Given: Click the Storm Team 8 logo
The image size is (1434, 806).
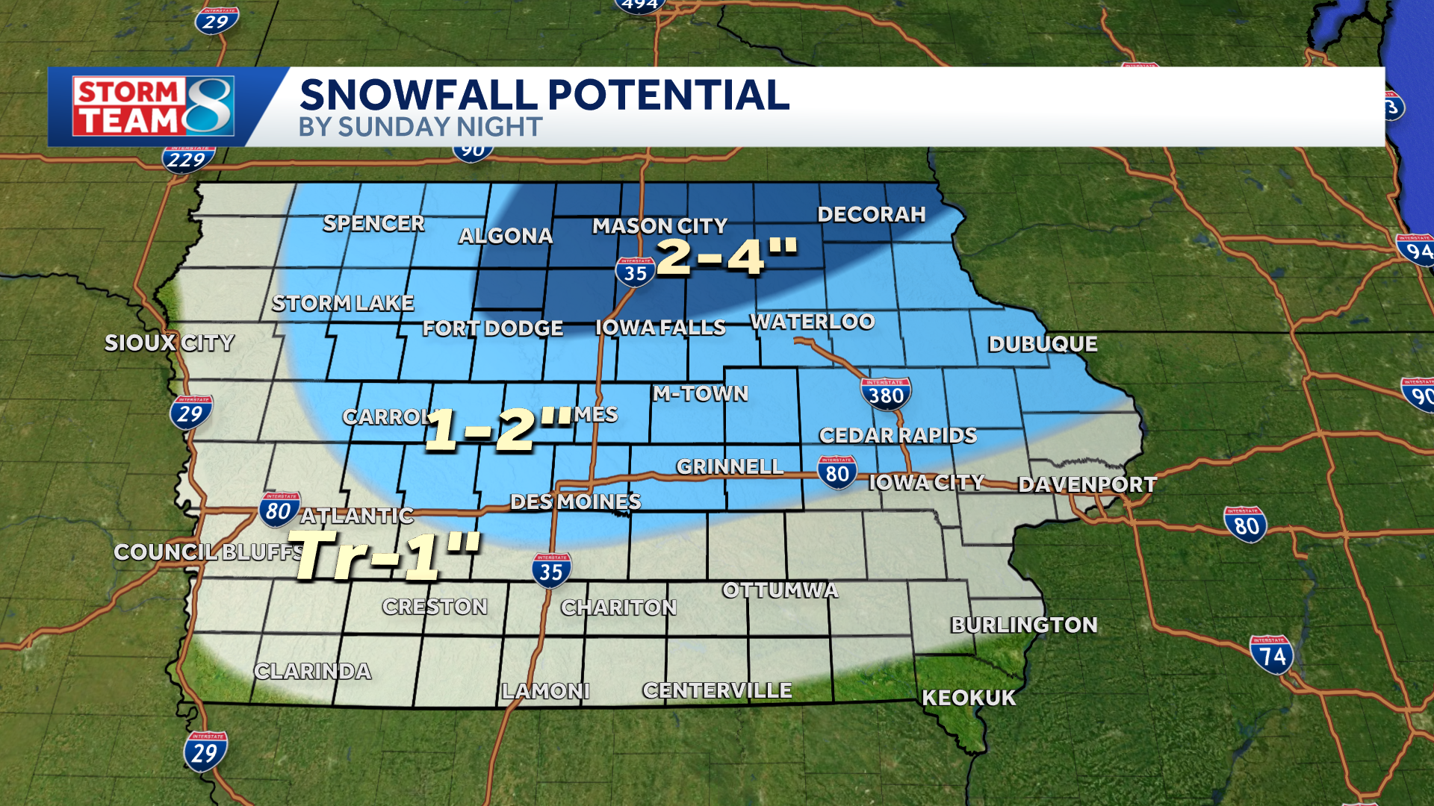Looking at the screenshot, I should [x=153, y=107].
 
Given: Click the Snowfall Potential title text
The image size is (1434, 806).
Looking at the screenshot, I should [x=544, y=95].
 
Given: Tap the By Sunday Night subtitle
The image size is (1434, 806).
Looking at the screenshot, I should [x=420, y=127].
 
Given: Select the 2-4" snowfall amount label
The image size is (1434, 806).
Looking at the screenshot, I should [x=727, y=257].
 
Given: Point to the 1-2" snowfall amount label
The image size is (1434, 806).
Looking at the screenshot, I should [x=497, y=428].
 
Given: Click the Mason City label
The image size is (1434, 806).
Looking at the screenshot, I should [x=659, y=225].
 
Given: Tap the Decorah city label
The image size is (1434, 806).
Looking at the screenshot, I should [x=871, y=215].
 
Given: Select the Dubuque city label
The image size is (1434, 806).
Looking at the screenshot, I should [x=1043, y=344].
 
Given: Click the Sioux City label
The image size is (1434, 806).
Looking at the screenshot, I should [x=169, y=343].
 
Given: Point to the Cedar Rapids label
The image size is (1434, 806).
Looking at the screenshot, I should [x=897, y=435].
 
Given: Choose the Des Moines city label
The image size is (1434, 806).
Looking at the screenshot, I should [x=575, y=502].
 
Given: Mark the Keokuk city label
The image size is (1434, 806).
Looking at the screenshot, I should [x=969, y=698].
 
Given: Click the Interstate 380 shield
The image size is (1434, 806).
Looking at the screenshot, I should [x=886, y=393].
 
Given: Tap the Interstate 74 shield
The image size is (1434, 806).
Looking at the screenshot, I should [x=1272, y=655].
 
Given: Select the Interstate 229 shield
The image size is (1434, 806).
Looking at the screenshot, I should [x=187, y=159].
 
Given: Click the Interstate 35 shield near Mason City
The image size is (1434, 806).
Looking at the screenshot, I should [x=636, y=272].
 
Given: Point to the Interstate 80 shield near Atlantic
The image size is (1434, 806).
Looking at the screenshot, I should [x=279, y=510].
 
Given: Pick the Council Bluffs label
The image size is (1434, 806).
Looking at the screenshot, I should [x=208, y=552].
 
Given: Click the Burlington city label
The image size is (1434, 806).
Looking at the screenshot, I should [x=1024, y=625].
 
